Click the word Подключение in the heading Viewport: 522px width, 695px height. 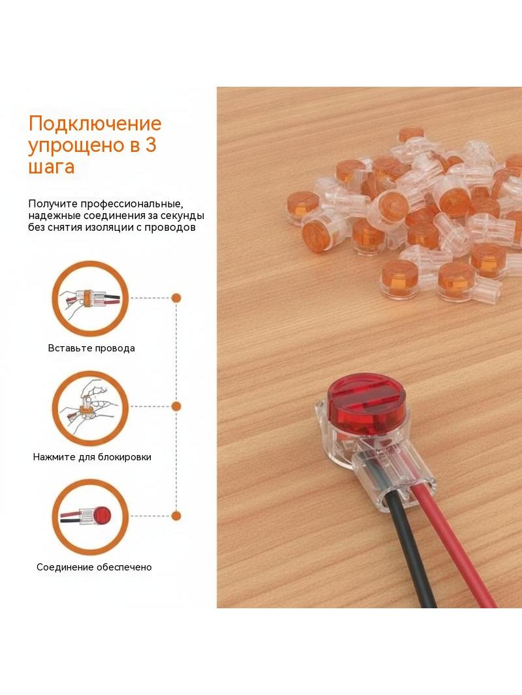click(x=95, y=124)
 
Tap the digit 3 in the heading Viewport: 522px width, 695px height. click(x=151, y=145)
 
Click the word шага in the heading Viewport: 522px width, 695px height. click(x=52, y=167)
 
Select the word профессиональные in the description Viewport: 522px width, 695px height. click(x=131, y=204)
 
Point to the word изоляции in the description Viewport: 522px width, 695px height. click(x=110, y=228)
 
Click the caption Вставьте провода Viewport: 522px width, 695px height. click(x=91, y=348)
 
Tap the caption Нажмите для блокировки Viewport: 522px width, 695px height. click(x=92, y=457)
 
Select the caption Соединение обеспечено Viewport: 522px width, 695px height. click(x=94, y=567)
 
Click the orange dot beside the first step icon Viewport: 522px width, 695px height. click(x=176, y=298)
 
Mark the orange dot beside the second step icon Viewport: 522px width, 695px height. click(x=176, y=406)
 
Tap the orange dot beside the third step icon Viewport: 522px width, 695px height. click(x=176, y=516)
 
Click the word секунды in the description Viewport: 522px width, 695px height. click(x=180, y=216)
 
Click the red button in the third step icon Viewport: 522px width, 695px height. click(x=103, y=516)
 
